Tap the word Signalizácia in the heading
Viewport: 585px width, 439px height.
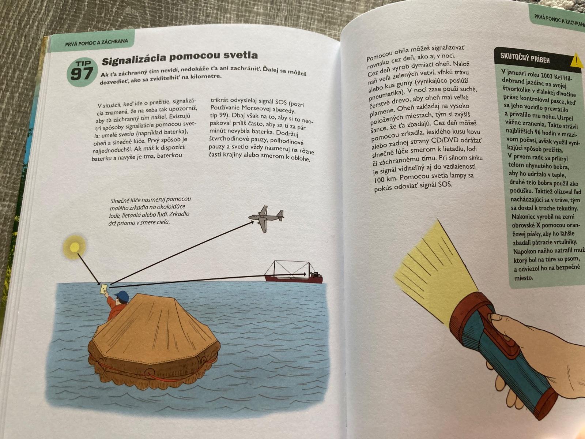[x=134, y=59]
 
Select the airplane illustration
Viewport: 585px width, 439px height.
[x=266, y=218]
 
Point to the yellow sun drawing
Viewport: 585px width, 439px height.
[x=75, y=247]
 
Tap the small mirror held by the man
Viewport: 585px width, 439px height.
[x=104, y=288]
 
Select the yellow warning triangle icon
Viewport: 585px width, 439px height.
[x=576, y=60]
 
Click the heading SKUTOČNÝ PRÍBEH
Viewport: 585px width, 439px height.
[x=525, y=58]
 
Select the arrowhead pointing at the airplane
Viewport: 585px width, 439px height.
[x=251, y=223]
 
